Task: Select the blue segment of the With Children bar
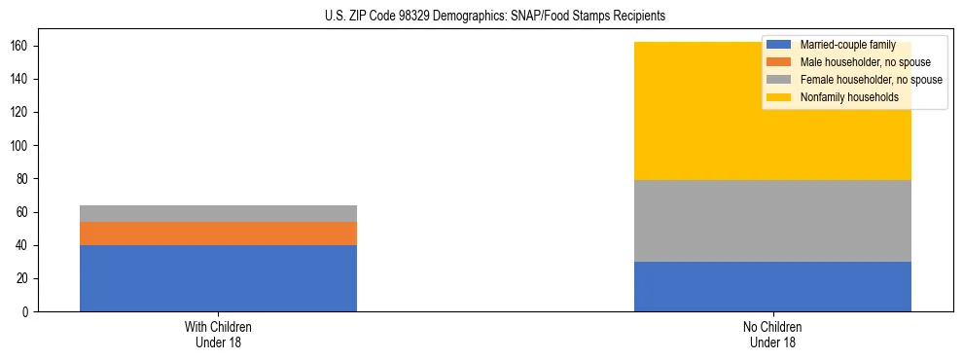click(x=218, y=278)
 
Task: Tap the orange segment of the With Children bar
click(x=218, y=234)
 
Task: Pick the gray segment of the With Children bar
click(x=218, y=213)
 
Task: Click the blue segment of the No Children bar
click(x=772, y=287)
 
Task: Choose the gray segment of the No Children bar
click(x=772, y=221)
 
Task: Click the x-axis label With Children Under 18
click(x=218, y=335)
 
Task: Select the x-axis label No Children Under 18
click(x=772, y=335)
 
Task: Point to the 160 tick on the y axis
click(x=20, y=46)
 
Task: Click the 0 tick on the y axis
click(x=27, y=312)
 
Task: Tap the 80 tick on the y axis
click(x=23, y=179)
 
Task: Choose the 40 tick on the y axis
click(x=23, y=245)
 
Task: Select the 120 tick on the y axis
click(x=20, y=112)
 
